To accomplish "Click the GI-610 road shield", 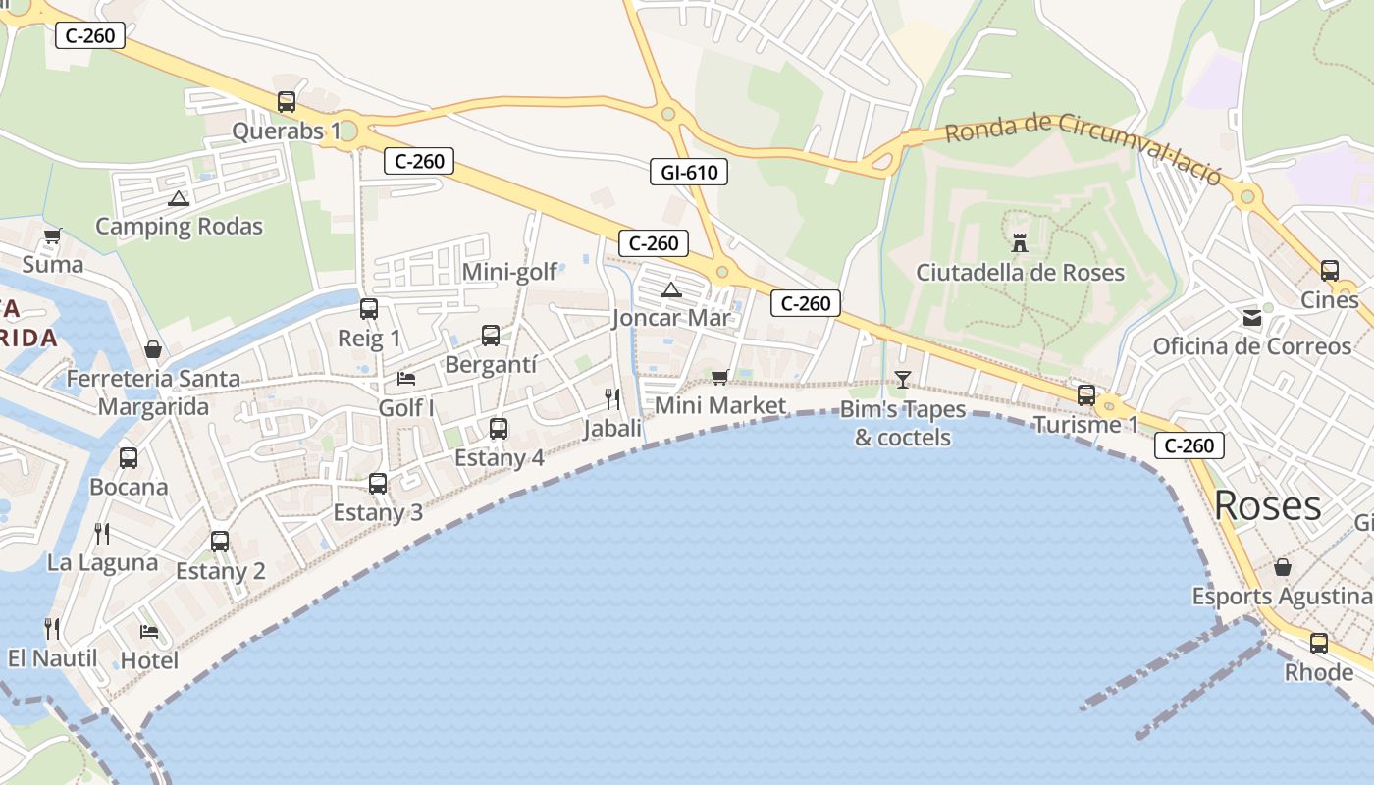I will pyautogui.click(x=689, y=173).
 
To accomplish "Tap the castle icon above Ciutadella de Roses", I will pyautogui.click(x=1020, y=241).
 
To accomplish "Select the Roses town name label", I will pyautogui.click(x=1267, y=506).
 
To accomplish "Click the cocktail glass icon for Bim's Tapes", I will pyautogui.click(x=903, y=379).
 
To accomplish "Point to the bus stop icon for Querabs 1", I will pyautogui.click(x=287, y=101).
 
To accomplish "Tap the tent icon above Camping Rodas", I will pyautogui.click(x=178, y=199).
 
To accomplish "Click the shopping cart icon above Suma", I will pyautogui.click(x=52, y=235).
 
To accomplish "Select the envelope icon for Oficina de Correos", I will pyautogui.click(x=1252, y=317).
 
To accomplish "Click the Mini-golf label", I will pyautogui.click(x=509, y=272).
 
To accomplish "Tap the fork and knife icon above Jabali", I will pyautogui.click(x=612, y=398).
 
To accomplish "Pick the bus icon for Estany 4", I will pyautogui.click(x=499, y=428).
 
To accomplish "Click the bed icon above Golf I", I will pyautogui.click(x=406, y=378).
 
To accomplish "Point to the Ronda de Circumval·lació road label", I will pyautogui.click(x=1083, y=147).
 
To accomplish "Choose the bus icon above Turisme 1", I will pyautogui.click(x=1086, y=395).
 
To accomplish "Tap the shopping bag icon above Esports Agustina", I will pyautogui.click(x=1282, y=567).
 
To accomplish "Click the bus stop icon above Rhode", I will pyautogui.click(x=1319, y=644).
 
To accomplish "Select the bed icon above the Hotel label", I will pyautogui.click(x=149, y=631).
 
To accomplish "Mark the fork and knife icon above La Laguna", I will pyautogui.click(x=102, y=533).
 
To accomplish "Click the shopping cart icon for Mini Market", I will pyautogui.click(x=720, y=377).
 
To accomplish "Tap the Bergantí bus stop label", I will pyautogui.click(x=491, y=365).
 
